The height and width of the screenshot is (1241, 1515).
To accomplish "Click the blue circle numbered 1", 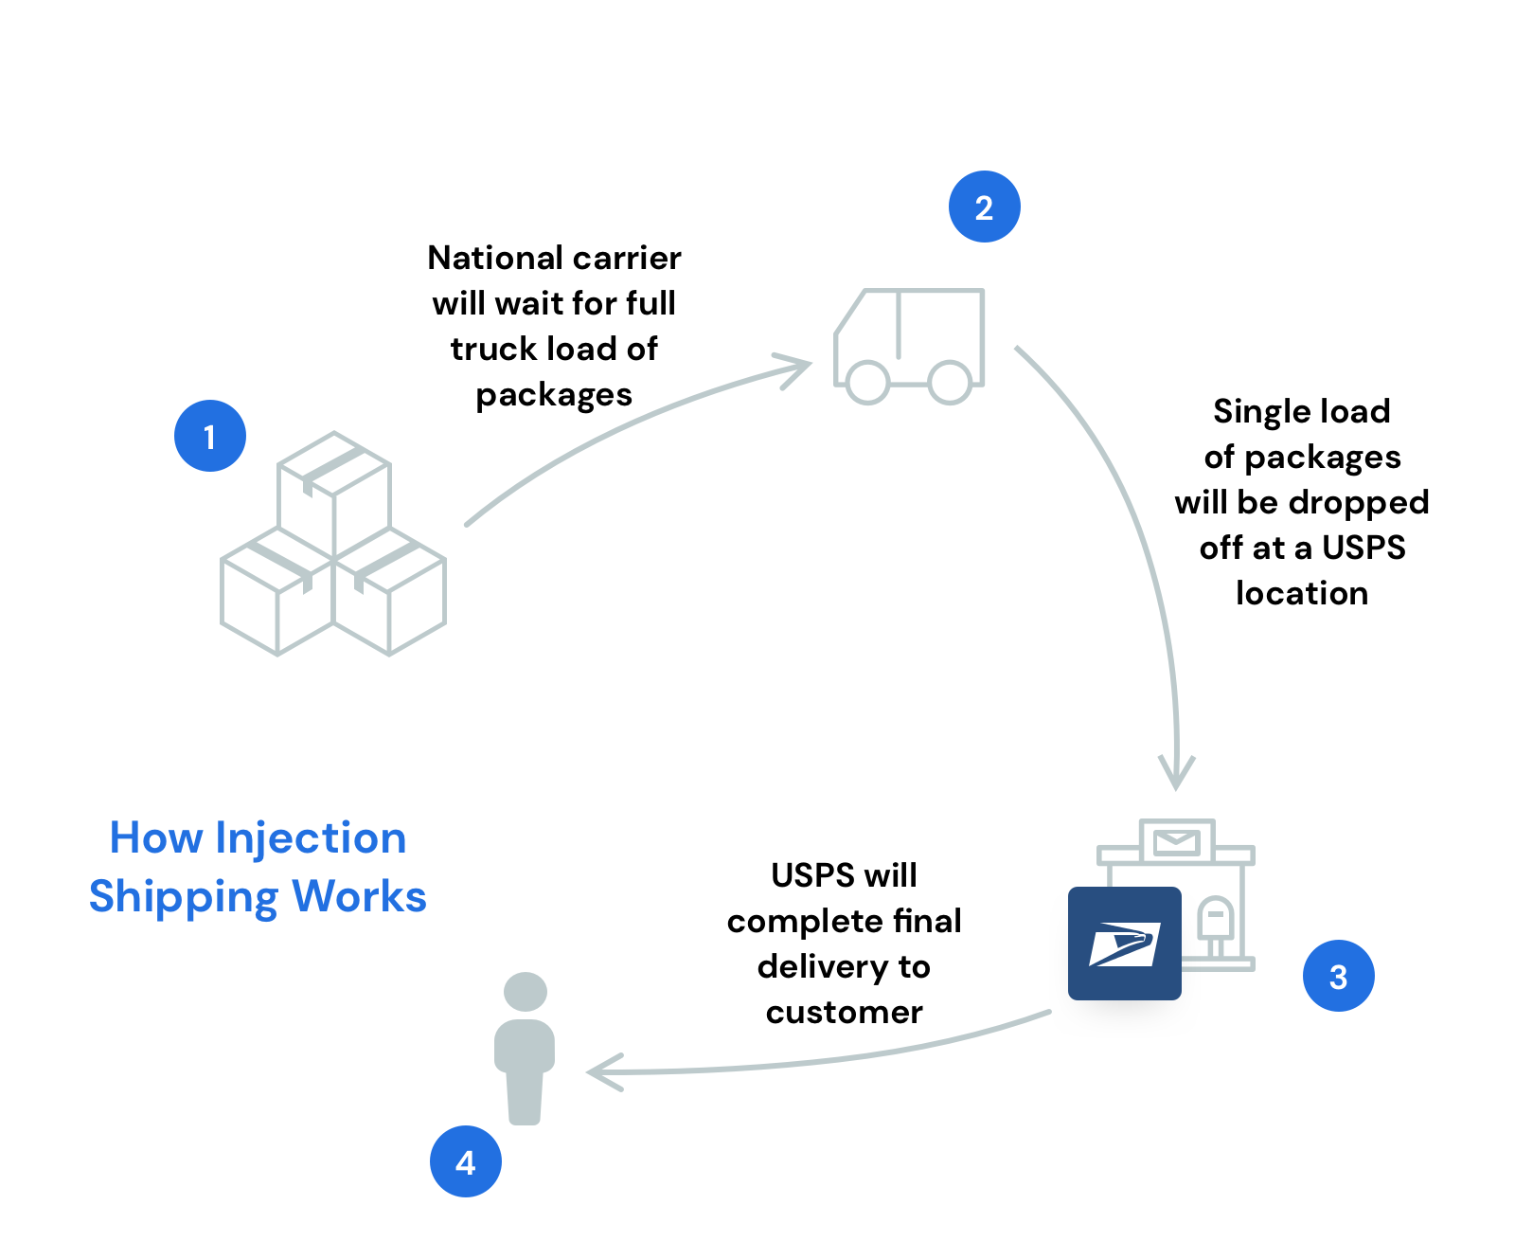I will (x=209, y=436).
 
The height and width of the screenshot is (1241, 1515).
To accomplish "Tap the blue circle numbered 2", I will (x=984, y=207).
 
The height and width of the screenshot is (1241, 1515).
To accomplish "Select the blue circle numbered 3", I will (x=1338, y=976).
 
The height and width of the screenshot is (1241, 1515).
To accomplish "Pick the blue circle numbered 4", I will (x=465, y=1161).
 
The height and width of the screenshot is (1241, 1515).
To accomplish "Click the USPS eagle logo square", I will (x=1124, y=944).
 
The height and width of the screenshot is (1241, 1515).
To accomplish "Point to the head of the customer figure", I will (x=526, y=992).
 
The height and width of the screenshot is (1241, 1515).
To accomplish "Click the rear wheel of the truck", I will (x=950, y=383).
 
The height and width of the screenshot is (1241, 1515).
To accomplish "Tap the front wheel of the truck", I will (x=867, y=383).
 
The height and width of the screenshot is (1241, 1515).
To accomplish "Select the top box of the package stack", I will (x=333, y=493).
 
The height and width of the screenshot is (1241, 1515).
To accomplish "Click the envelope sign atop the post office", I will (x=1177, y=841).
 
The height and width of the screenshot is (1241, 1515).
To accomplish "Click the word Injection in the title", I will (x=311, y=837).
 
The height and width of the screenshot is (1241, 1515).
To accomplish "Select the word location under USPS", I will (x=1302, y=593).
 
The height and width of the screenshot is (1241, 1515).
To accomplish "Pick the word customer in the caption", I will (x=844, y=1012).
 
